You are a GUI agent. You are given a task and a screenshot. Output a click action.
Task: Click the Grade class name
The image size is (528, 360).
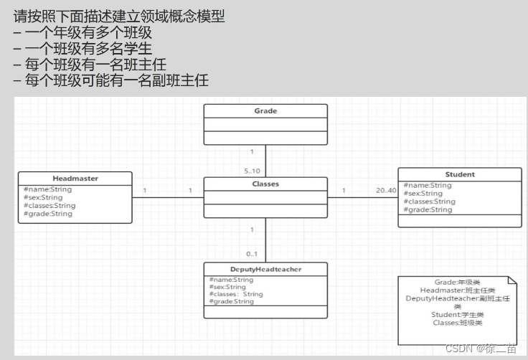click(x=265, y=111)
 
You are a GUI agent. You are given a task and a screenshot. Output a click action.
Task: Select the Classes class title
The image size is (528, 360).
click(x=265, y=184)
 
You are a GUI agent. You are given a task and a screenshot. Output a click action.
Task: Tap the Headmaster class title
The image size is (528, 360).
click(x=75, y=178)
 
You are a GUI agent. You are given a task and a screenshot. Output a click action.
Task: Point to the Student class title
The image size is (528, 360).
click(x=460, y=174)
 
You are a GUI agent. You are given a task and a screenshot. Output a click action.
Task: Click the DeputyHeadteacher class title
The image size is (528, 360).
click(x=265, y=269)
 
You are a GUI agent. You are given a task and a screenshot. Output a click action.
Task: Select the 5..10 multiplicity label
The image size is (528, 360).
click(x=252, y=171)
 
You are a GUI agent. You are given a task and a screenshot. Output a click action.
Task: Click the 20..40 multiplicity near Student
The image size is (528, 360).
click(x=386, y=191)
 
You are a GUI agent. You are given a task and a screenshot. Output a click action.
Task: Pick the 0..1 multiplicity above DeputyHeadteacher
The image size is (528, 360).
click(x=252, y=254)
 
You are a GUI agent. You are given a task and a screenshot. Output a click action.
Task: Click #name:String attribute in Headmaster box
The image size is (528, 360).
click(x=47, y=189)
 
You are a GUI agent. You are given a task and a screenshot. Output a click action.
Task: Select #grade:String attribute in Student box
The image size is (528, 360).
click(x=428, y=210)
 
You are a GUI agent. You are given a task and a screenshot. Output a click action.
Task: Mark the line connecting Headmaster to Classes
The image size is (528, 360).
click(x=169, y=197)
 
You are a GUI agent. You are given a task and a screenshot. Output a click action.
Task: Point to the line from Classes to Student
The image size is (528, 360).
click(x=362, y=197)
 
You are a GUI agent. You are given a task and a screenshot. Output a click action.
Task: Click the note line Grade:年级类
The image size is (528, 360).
click(x=457, y=283)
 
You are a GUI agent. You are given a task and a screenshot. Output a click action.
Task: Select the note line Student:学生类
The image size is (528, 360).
click(x=457, y=315)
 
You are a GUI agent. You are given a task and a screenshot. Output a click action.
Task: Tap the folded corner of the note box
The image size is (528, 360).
click(x=511, y=280)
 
